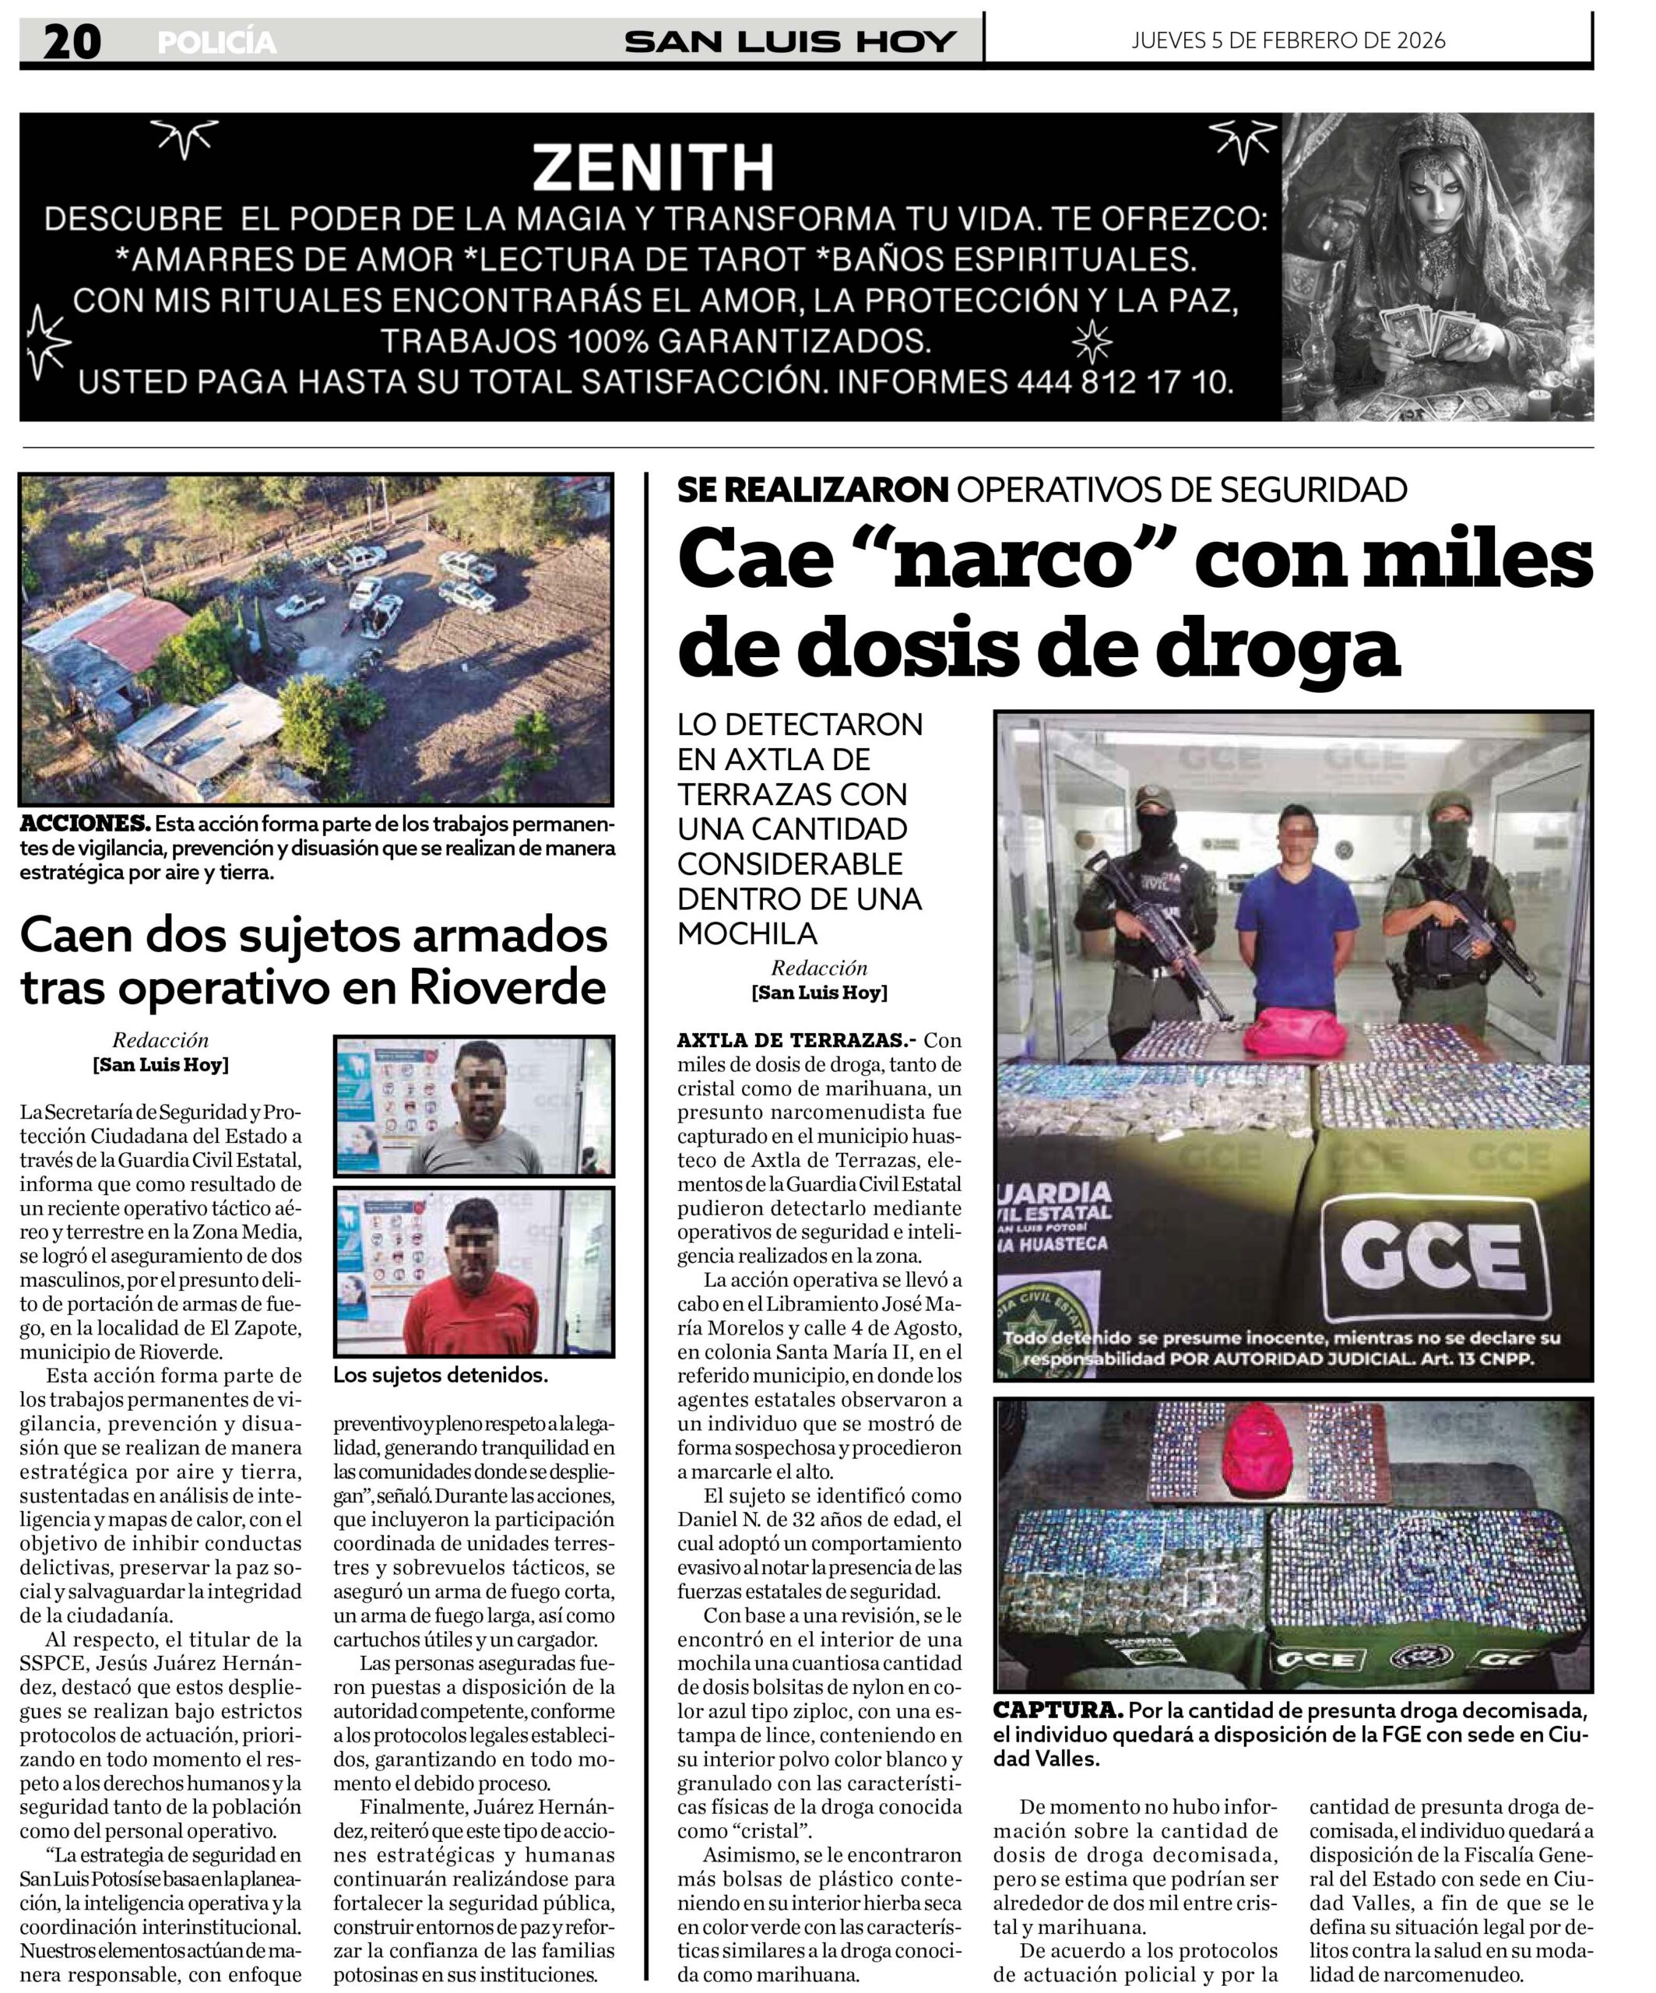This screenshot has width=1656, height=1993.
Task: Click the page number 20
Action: point(72,42)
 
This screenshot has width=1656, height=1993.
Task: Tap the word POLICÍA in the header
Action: point(217,43)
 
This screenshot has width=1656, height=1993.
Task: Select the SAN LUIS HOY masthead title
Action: point(789,42)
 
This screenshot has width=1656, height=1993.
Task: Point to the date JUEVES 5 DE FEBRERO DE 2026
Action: point(1288,40)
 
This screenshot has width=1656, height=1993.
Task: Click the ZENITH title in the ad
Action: point(653,168)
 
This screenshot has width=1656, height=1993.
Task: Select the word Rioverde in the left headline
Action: point(508,987)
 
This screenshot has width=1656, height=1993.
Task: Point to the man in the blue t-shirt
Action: point(1293,911)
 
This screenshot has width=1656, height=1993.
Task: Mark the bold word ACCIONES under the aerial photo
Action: point(84,823)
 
